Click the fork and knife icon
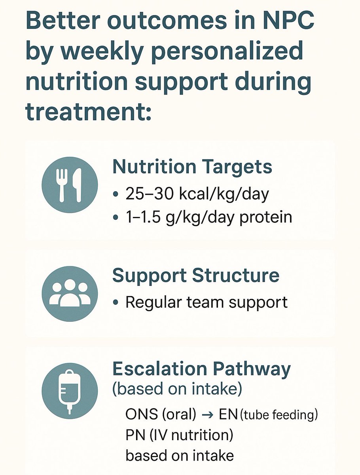[70, 185]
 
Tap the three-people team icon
[70, 294]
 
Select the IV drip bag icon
[70, 391]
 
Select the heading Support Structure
[196, 275]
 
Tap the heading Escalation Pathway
[201, 369]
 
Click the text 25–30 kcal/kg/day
[197, 194]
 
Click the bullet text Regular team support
[206, 302]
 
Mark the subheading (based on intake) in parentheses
[177, 389]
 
